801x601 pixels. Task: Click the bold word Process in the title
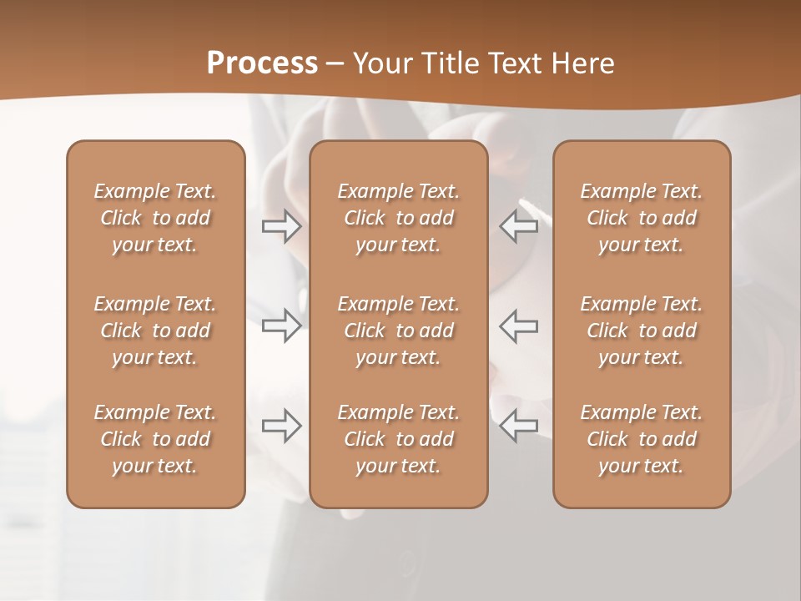262,63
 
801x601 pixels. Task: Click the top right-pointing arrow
281,226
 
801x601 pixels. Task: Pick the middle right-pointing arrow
281,326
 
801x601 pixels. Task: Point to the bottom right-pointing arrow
281,427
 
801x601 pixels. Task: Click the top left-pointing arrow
519,226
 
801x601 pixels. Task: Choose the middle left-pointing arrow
519,326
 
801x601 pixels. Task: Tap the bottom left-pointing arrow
519,427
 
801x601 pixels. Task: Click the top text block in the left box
155,218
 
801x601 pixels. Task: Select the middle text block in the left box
155,331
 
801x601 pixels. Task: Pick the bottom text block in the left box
155,439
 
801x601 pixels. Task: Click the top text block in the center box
398,218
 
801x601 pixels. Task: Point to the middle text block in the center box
398,331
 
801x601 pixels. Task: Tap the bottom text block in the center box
398,439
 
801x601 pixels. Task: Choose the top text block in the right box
641,218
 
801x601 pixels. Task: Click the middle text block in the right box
641,331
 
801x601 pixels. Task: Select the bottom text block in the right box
641,439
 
